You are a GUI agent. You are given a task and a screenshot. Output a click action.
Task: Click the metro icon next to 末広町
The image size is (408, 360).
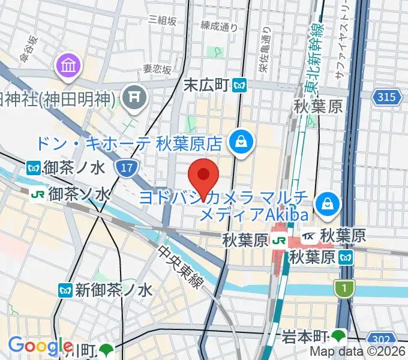pyautogui.click(x=241, y=86)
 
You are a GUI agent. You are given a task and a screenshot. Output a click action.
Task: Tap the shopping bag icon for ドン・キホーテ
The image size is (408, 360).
pyautogui.click(x=241, y=142)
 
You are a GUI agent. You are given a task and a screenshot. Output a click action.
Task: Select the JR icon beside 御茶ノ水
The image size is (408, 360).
pyautogui.click(x=38, y=194)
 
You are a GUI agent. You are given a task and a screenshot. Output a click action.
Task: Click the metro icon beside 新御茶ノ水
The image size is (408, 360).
pyautogui.click(x=66, y=290)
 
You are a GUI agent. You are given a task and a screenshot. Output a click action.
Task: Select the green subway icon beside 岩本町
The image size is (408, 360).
pyautogui.click(x=340, y=336)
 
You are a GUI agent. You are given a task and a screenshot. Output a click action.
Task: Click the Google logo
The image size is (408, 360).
pyautogui.click(x=40, y=346)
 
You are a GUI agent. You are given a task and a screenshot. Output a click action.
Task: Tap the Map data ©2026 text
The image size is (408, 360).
pyautogui.click(x=358, y=353)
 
